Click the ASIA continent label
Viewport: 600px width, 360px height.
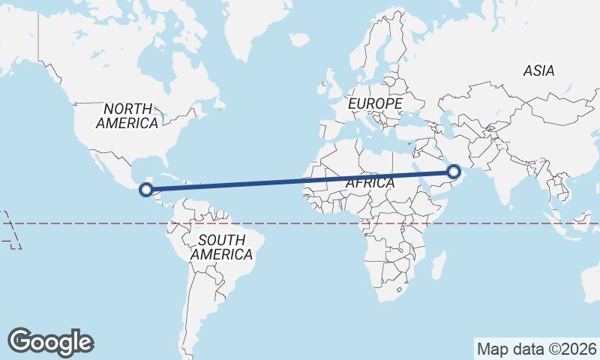tap(538, 70)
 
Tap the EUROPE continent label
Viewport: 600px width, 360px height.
tap(376, 103)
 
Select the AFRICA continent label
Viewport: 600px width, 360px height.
tap(370, 182)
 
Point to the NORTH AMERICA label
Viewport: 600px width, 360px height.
tap(127, 115)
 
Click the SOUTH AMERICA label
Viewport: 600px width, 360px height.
tap(221, 247)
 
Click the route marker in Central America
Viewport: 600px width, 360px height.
tap(147, 190)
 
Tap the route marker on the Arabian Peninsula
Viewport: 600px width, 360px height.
tap(453, 172)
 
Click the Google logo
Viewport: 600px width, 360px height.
tap(50, 341)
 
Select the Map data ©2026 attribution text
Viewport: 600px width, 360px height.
tap(536, 349)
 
